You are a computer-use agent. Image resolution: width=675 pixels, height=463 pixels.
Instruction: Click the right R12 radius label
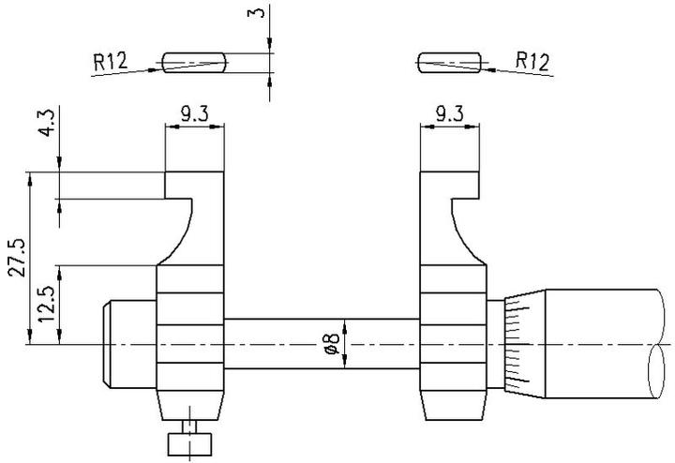click(532, 62)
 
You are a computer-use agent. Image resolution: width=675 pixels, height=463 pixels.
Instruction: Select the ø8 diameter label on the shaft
click(330, 345)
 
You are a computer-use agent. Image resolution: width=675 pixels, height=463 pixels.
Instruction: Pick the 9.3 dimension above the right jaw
click(450, 114)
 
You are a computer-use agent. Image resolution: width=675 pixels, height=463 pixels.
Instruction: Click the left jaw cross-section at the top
click(194, 63)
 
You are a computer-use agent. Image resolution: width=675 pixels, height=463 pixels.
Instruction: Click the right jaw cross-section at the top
click(450, 63)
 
